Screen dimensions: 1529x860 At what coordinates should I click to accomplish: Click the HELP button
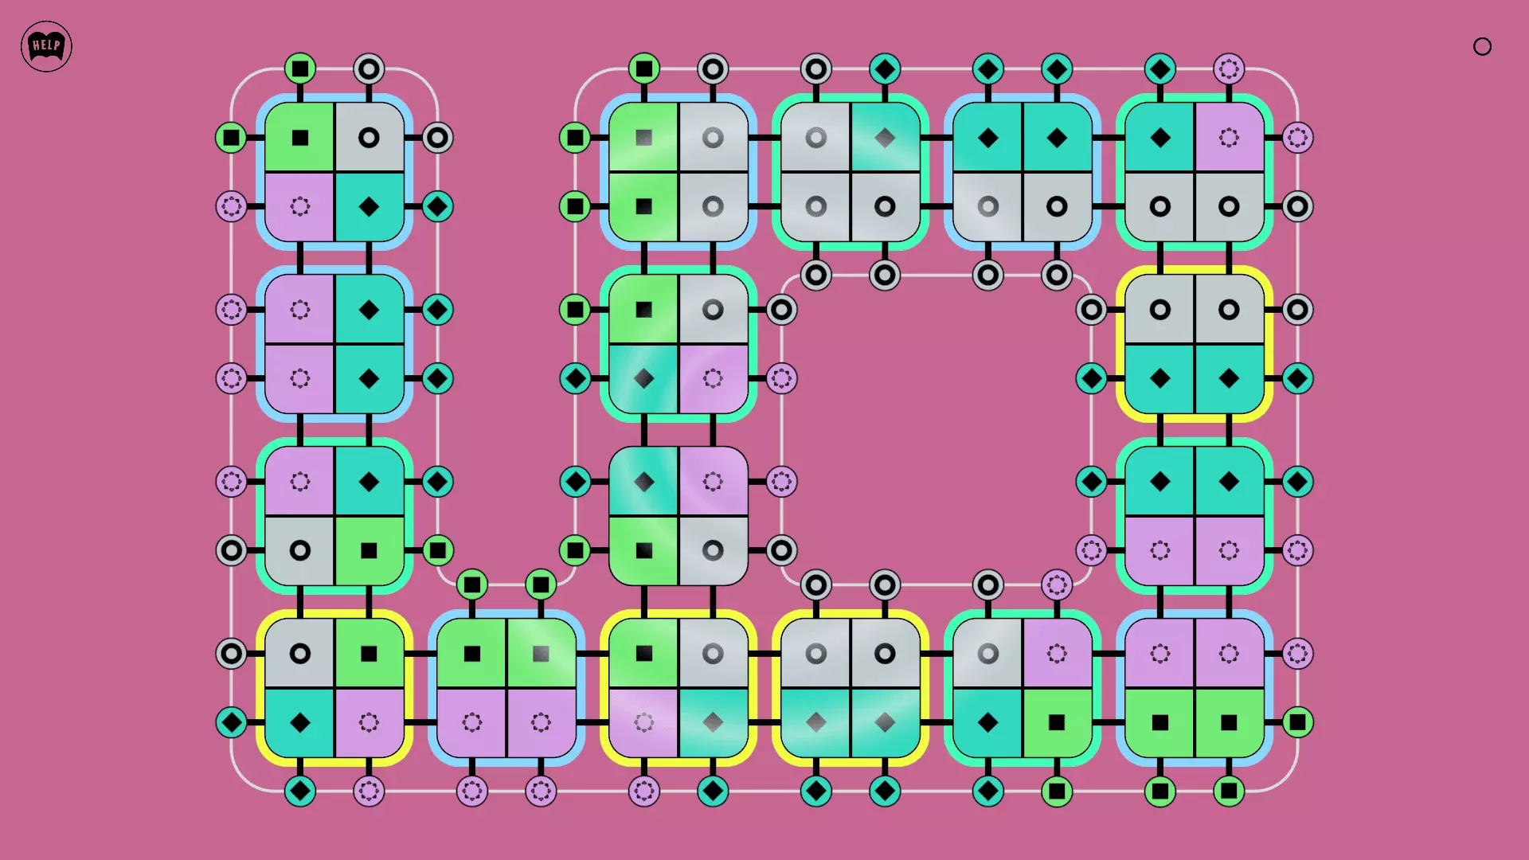pos(46,46)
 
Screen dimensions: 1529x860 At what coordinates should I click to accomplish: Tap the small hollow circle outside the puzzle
pos(1482,46)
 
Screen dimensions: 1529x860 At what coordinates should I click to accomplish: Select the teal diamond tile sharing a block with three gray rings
pos(885,138)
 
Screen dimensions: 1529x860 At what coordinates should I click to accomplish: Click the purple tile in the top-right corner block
pos(1229,138)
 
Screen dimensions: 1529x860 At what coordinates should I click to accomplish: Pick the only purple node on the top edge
pos(1229,68)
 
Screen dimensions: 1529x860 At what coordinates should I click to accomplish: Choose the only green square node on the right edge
pos(1297,722)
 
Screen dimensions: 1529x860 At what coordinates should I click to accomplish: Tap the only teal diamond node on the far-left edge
pos(231,722)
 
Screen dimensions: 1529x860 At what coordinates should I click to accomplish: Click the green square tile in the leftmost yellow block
pos(369,654)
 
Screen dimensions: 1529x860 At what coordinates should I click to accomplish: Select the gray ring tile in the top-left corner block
pos(369,138)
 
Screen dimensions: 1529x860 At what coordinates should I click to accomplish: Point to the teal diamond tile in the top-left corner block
pos(369,207)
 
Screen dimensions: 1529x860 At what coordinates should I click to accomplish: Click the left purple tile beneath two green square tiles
pos(472,722)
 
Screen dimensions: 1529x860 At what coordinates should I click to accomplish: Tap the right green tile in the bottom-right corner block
pos(1229,722)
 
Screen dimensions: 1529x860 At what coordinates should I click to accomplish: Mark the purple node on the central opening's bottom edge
pos(1057,585)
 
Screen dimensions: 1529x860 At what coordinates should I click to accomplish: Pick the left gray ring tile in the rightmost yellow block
pos(1160,310)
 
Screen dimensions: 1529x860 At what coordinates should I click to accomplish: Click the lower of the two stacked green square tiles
pos(643,207)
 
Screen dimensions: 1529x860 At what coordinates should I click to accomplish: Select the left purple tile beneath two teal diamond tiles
pos(1160,550)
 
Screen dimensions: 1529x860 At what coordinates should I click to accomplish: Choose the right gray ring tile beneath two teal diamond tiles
pos(1057,207)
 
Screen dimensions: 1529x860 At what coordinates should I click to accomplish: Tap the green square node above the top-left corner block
pos(300,68)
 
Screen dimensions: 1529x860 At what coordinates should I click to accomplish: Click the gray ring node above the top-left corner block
pos(369,68)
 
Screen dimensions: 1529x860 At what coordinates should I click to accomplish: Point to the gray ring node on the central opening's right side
pos(1091,310)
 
